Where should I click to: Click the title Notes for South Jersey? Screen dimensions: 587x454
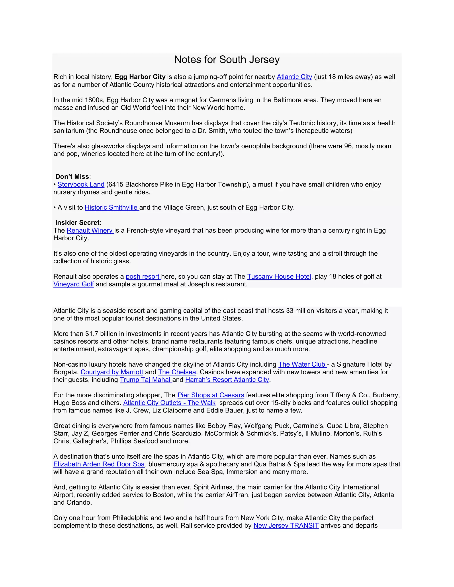(x=227, y=59)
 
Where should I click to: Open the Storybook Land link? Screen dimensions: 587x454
(x=81, y=184)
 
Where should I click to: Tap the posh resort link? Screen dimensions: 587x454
(x=143, y=277)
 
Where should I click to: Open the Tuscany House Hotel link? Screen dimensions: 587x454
(x=279, y=277)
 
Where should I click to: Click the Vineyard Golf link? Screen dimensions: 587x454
(x=73, y=284)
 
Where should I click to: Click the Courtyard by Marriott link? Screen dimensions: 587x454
(x=112, y=372)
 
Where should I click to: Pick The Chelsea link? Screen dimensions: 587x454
(x=177, y=372)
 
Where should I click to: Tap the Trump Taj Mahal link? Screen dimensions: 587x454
(x=145, y=380)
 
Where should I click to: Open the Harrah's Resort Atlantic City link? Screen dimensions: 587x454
(x=227, y=380)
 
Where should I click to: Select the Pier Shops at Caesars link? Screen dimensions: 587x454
(x=211, y=395)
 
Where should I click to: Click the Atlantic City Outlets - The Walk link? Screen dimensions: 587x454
(x=169, y=403)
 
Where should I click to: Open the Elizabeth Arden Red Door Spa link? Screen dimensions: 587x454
(x=99, y=464)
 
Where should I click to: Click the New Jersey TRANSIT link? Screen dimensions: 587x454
(x=286, y=525)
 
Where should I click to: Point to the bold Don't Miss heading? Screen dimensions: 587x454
(x=72, y=177)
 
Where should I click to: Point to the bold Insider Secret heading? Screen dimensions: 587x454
(x=77, y=223)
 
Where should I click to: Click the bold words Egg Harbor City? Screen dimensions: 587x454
(x=140, y=77)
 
